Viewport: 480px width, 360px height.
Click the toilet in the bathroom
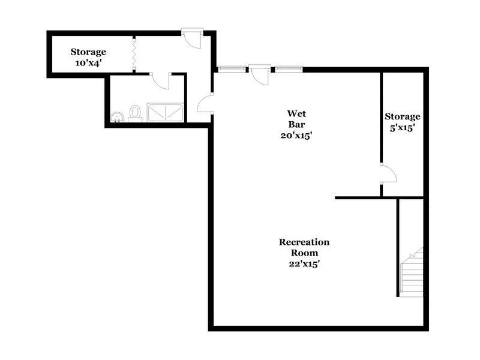pyautogui.click(x=134, y=113)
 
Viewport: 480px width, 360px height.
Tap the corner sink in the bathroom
pyautogui.click(x=116, y=116)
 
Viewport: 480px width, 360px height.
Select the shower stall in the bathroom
pyautogui.click(x=165, y=113)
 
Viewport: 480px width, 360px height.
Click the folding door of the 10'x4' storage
pyautogui.click(x=133, y=53)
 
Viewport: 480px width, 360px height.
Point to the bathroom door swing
pyautogui.click(x=161, y=80)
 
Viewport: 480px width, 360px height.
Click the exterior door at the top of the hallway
pyautogui.click(x=193, y=37)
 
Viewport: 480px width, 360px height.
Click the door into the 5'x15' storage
pyautogui.click(x=389, y=174)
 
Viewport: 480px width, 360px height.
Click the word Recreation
pyautogui.click(x=304, y=242)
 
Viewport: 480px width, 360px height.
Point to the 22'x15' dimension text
pyautogui.click(x=304, y=263)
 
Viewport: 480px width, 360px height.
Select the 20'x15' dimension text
pyautogui.click(x=297, y=135)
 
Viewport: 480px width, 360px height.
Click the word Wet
pyautogui.click(x=297, y=113)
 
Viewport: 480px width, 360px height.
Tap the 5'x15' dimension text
pyautogui.click(x=402, y=127)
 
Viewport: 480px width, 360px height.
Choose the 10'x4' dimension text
pyautogui.click(x=88, y=63)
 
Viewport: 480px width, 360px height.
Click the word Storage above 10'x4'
pyautogui.click(x=88, y=52)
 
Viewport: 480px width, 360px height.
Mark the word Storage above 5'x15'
pyautogui.click(x=402, y=116)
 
